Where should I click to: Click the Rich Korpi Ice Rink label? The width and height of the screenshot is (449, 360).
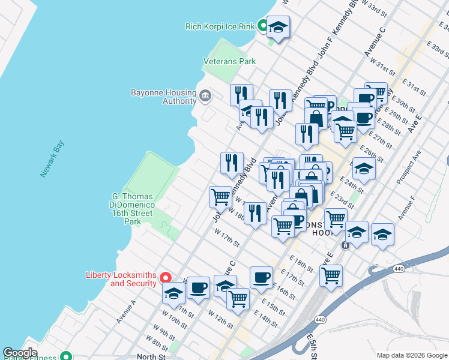pos(220,26)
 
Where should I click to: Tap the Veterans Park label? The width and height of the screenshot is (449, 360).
pos(229,61)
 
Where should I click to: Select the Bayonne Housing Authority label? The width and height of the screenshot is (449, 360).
pos(163,97)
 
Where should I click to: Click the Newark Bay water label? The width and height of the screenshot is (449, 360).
pos(52,158)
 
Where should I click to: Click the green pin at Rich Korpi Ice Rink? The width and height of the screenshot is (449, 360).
pos(262,26)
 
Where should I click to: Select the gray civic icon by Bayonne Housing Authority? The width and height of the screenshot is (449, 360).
pos(205,96)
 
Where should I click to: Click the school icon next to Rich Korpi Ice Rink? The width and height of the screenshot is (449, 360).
pos(278,27)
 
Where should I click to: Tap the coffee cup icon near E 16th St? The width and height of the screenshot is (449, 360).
pos(261,278)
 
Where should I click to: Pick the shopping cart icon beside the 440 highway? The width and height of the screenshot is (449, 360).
pos(331,276)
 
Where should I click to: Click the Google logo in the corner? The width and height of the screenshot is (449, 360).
pos(20,353)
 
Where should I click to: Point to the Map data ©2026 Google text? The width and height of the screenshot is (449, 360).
pos(412,355)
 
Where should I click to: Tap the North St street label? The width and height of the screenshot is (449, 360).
pos(151,356)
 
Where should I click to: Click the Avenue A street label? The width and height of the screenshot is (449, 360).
pos(127,312)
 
